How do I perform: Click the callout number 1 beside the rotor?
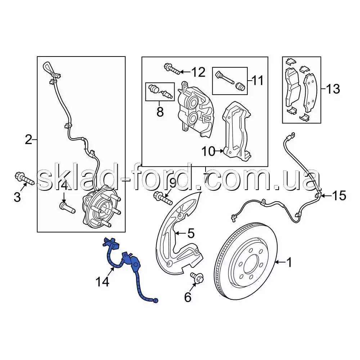click(x=289, y=262)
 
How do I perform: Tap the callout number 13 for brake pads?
click(x=333, y=89)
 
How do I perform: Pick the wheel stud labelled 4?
click(x=67, y=208)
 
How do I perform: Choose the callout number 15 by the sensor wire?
click(x=339, y=195)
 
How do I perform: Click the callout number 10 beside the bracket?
click(x=208, y=152)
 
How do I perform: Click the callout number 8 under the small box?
click(x=160, y=112)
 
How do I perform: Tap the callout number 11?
click(x=257, y=81)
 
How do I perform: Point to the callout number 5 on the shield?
click(x=191, y=233)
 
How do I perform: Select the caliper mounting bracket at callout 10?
click(x=237, y=131)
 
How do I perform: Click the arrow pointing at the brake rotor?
click(x=280, y=262)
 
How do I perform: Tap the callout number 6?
click(x=188, y=298)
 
